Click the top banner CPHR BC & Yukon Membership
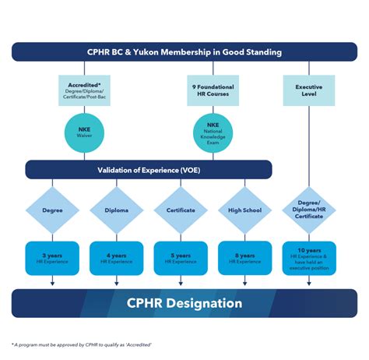(184, 52)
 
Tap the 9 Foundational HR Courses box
(213, 90)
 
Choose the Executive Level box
(309, 90)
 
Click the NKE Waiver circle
(84, 130)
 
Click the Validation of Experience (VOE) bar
(148, 170)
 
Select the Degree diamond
(52, 210)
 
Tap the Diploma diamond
(116, 210)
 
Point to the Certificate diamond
(181, 210)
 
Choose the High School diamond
(244, 210)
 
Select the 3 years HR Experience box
(52, 258)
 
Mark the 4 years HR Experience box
(116, 258)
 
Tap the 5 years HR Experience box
(181, 258)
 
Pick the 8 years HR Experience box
(244, 258)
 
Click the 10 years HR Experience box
(309, 258)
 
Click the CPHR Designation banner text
(184, 303)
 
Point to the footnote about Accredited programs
(82, 344)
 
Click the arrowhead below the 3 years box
(52, 283)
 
